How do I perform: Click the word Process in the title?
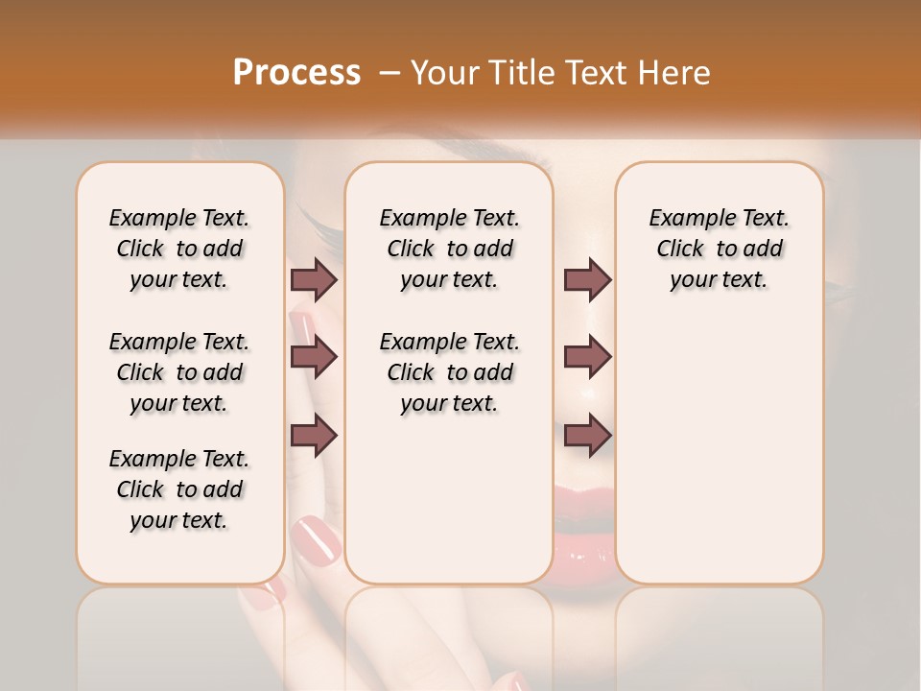296,72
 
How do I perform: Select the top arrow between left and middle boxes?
314,279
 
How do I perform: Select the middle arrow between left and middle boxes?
314,357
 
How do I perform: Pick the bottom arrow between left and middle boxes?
314,435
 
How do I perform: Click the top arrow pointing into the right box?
587,279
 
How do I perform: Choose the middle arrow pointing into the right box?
587,357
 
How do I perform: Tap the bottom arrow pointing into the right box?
587,435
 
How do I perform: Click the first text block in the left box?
179,249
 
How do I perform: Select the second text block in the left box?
179,372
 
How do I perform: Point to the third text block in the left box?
179,489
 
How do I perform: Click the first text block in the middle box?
449,249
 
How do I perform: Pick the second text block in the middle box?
449,372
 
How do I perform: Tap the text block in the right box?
719,249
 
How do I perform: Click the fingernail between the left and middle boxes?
316,539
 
